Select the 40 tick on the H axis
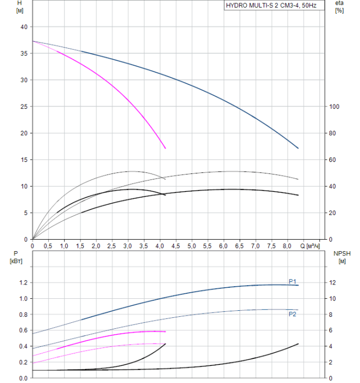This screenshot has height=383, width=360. click(x=24, y=27)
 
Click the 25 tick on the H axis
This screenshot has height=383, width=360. click(x=24, y=107)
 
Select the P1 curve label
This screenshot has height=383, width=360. click(x=293, y=281)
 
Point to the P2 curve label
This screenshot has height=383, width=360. click(x=293, y=314)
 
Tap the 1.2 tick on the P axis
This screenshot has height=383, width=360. click(x=22, y=282)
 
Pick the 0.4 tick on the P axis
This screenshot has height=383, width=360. click(x=22, y=346)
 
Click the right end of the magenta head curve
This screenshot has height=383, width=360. click(x=165, y=148)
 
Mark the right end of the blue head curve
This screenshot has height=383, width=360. click(x=298, y=148)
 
